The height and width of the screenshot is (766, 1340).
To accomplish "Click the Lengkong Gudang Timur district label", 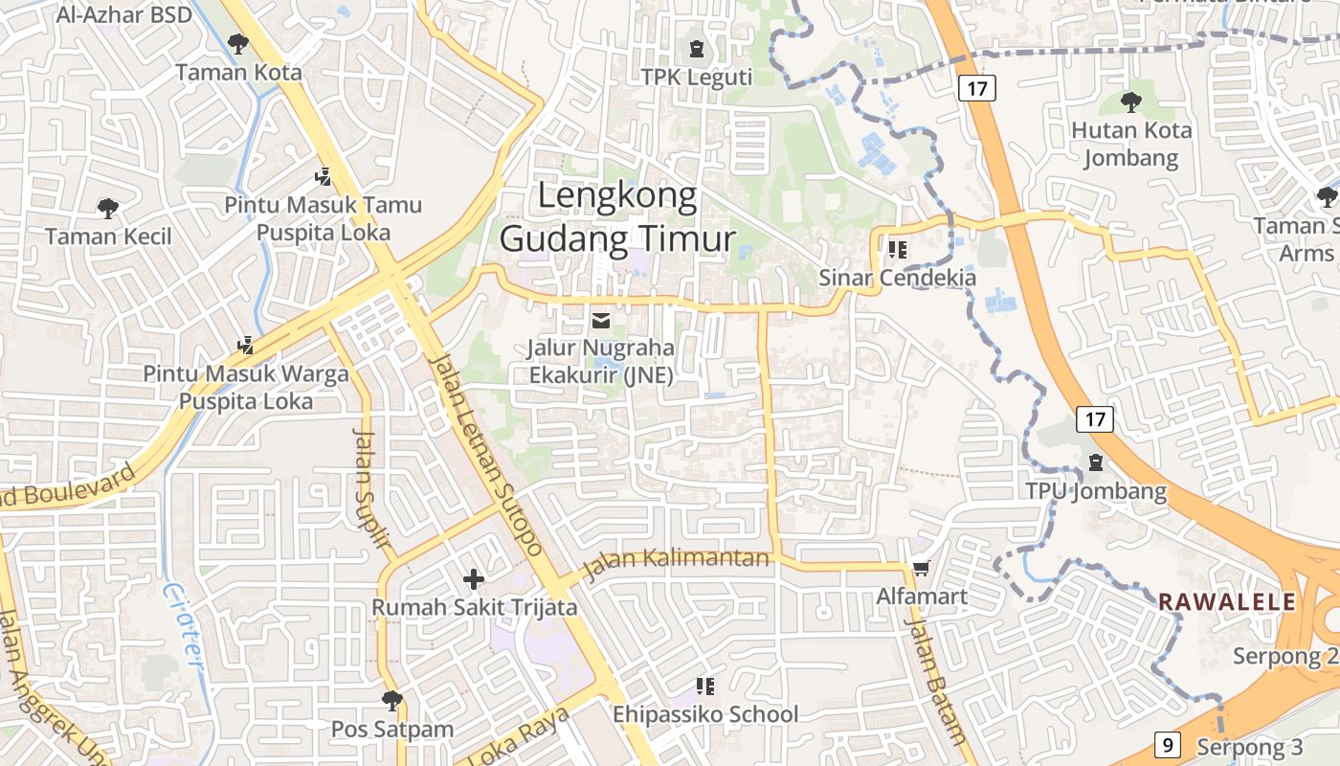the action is click(x=617, y=216).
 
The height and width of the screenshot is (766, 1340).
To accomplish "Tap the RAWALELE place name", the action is click(x=1227, y=602).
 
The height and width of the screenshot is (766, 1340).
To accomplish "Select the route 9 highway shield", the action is click(x=1166, y=744).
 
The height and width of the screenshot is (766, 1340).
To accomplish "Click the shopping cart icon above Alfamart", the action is click(x=921, y=569).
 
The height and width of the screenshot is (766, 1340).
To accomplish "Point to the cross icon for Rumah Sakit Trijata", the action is click(x=474, y=579).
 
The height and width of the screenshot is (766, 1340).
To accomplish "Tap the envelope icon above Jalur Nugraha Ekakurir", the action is click(x=601, y=320).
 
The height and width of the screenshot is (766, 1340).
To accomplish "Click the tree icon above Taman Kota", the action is click(x=238, y=43).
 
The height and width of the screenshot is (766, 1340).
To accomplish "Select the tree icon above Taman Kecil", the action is click(x=107, y=207).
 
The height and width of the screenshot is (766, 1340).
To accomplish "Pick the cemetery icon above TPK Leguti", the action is click(x=696, y=48).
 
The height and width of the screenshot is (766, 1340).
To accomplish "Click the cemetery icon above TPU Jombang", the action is click(x=1095, y=463).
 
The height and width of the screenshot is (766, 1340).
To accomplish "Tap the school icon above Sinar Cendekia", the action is click(x=897, y=250).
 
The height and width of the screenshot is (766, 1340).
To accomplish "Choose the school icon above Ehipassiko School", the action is click(x=705, y=686).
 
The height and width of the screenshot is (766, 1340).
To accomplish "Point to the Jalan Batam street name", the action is click(x=934, y=680).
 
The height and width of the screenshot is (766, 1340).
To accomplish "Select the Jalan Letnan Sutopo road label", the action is click(x=485, y=455).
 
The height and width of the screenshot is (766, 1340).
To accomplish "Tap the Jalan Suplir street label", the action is click(x=373, y=488).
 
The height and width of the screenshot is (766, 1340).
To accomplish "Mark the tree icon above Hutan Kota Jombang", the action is click(x=1131, y=101).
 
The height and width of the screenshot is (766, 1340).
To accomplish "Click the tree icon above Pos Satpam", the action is click(x=391, y=701).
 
